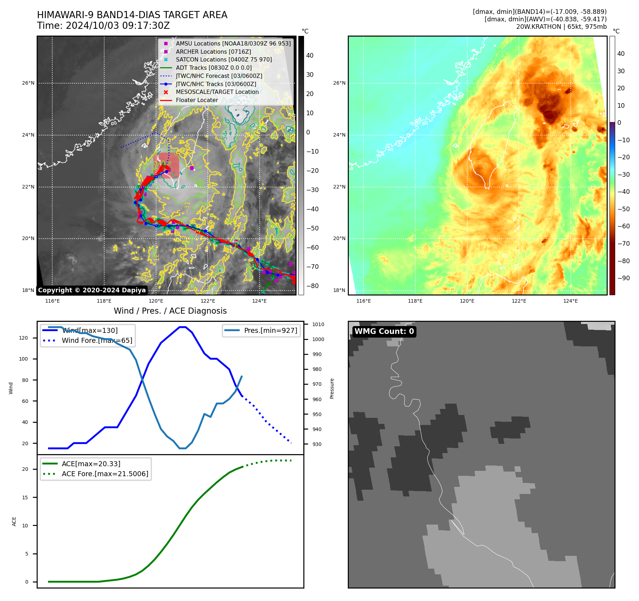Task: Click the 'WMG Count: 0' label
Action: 384,331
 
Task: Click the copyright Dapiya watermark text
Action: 92,290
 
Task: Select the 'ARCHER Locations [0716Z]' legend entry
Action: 213,52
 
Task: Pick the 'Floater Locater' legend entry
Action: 197,100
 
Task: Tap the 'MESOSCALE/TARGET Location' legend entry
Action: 217,92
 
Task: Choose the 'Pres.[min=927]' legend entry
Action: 270,331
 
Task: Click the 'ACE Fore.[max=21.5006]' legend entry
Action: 105,474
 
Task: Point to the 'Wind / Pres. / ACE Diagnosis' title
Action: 170,311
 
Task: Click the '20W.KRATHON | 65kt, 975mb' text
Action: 561,27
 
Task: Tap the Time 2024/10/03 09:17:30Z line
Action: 103,26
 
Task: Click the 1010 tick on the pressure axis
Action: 318,324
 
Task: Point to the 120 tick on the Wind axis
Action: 23,338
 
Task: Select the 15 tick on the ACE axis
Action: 25,498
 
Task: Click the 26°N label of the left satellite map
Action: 28,83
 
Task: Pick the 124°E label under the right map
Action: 570,301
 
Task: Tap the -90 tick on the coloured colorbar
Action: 623,278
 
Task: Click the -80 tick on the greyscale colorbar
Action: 312,286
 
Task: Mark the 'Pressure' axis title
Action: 332,388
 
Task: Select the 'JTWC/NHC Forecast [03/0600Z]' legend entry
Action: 219,76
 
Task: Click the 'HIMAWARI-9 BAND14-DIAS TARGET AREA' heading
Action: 132,15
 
